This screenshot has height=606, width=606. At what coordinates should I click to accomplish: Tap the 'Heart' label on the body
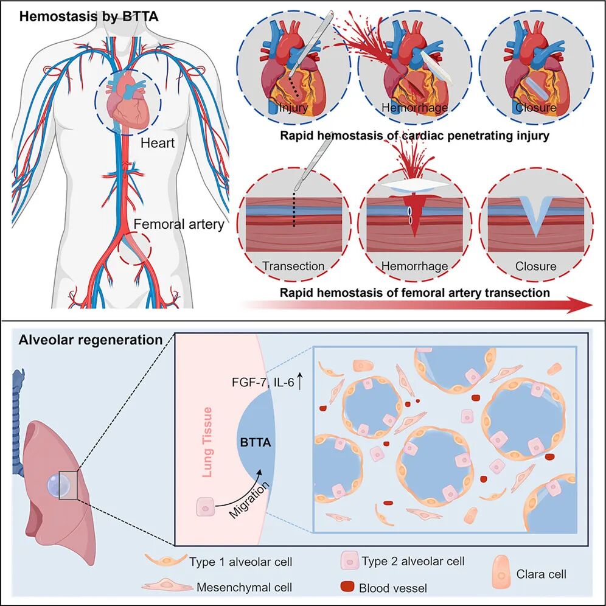point(158,144)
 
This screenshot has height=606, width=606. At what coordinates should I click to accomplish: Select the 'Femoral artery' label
point(179,224)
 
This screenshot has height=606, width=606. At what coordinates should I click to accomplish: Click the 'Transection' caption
point(293,266)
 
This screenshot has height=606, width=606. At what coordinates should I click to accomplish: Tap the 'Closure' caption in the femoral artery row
point(535,266)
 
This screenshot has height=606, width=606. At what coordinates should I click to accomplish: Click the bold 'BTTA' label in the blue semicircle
point(254,444)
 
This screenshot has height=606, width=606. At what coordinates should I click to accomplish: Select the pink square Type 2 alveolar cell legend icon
point(349,560)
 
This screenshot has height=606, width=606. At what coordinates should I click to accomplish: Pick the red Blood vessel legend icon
point(347,587)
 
